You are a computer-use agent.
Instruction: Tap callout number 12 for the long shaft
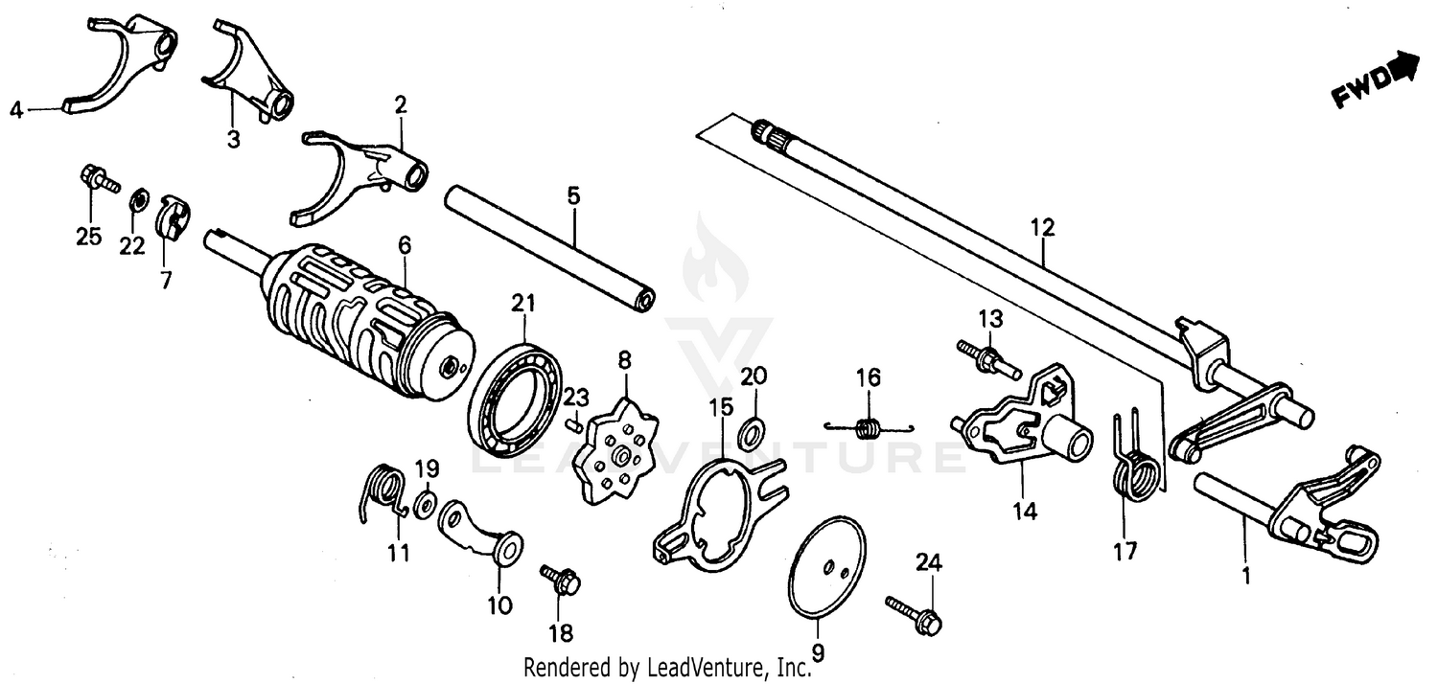[1042, 228]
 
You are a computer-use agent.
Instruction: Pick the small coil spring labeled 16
[869, 426]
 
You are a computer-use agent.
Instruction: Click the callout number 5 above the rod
[573, 196]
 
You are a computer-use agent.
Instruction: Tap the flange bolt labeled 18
[560, 579]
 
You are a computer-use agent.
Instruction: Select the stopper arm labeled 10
[479, 533]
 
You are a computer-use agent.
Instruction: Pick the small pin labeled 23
[572, 422]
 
